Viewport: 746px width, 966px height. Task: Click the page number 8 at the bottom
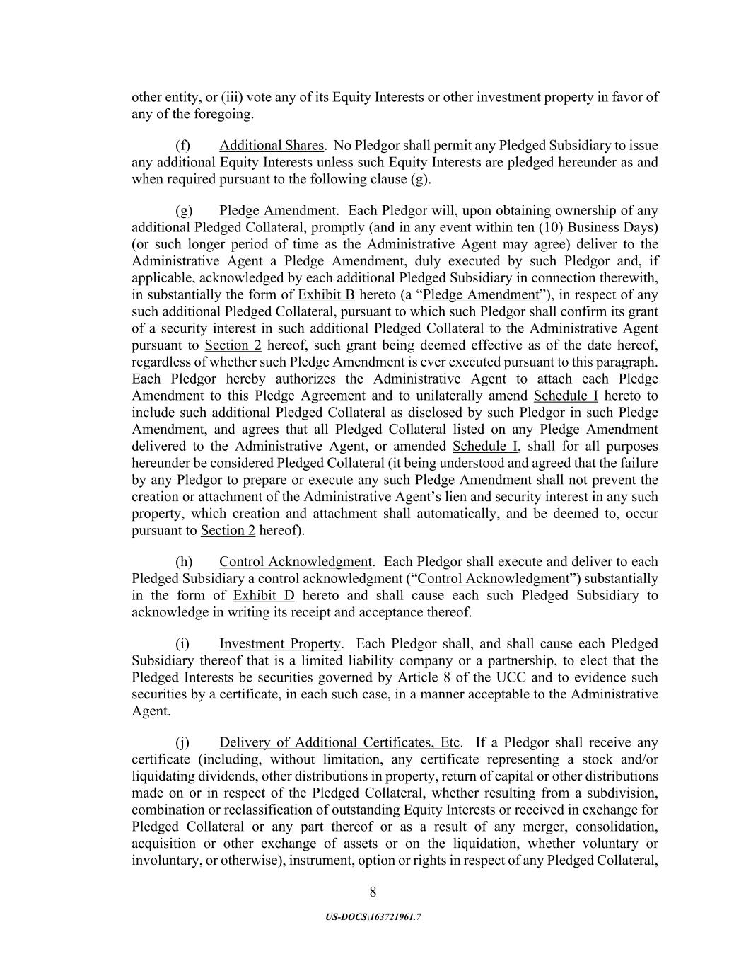373,892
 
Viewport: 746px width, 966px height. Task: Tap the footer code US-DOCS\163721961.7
373,917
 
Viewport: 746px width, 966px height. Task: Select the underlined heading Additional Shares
271,146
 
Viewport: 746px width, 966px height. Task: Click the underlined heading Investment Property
280,644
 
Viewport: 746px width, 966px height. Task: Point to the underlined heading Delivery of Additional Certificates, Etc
340,743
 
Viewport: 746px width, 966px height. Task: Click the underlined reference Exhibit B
326,295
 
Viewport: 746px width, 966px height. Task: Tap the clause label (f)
183,146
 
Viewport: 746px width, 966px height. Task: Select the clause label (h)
184,562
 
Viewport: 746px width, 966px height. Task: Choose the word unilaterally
493,396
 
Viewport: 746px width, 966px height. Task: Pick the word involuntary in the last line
165,861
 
